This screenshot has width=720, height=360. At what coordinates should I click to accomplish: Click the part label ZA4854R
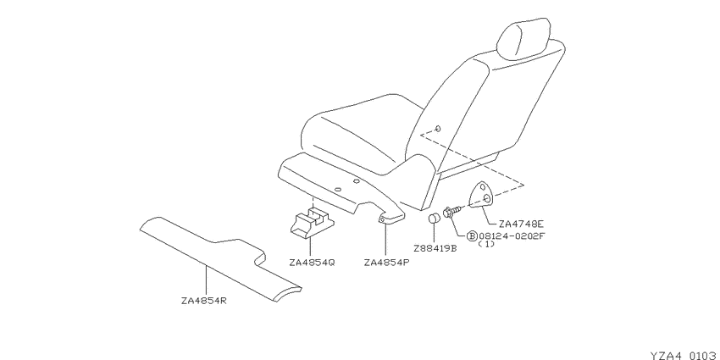[x=204, y=302]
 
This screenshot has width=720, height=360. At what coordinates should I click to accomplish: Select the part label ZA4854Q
[x=313, y=263]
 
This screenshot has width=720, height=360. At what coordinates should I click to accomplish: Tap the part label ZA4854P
[x=386, y=263]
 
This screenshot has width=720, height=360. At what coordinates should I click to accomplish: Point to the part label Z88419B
[x=435, y=249]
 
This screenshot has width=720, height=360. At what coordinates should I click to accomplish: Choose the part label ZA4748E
[x=521, y=224]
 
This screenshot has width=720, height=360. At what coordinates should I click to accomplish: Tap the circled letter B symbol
[x=472, y=236]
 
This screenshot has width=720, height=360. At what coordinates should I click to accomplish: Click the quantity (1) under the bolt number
[x=486, y=244]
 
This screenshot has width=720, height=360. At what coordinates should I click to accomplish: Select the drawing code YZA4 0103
[x=684, y=356]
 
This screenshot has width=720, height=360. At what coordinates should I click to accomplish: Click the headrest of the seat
[x=523, y=39]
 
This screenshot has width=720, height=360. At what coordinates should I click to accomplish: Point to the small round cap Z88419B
[x=435, y=218]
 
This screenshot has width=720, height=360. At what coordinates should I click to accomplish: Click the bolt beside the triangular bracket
[x=451, y=212]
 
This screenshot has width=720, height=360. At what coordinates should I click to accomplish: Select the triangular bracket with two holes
[x=482, y=194]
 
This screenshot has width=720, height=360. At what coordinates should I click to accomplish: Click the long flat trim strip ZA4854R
[x=220, y=258]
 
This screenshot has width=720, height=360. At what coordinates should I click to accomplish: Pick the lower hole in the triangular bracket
[x=487, y=197]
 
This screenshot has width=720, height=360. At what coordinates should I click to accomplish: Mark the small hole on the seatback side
[x=438, y=129]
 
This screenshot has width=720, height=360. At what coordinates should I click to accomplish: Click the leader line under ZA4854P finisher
[x=385, y=239]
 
